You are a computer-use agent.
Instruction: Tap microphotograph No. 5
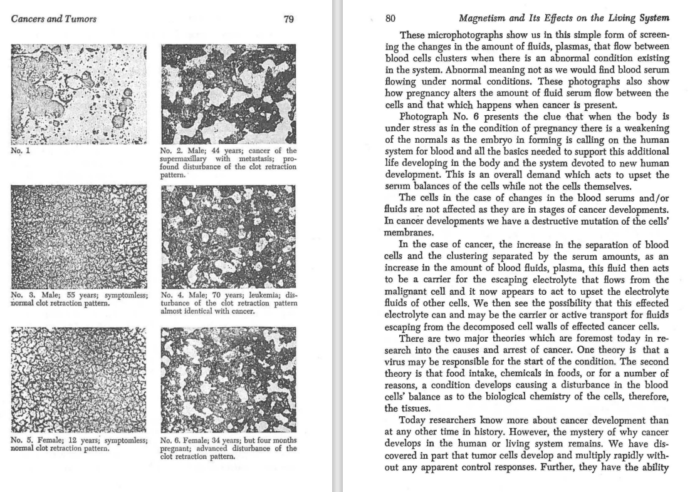79,378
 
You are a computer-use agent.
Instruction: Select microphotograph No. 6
228,378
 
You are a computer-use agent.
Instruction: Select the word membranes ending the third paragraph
407,230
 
